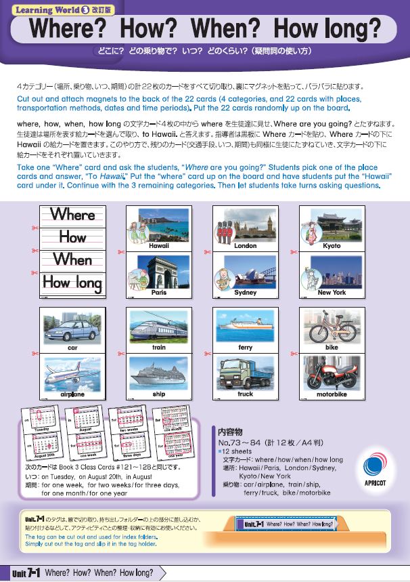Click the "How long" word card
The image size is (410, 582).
tap(72, 282)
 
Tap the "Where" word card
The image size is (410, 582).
tap(72, 215)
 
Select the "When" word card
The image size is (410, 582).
tap(72, 259)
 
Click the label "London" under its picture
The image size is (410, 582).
tap(245, 246)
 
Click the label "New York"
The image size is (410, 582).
tap(332, 293)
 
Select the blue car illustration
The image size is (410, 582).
tap(72, 327)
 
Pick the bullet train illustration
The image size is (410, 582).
tap(159, 327)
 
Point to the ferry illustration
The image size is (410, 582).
tap(245, 327)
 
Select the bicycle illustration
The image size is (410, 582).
tap(332, 327)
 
